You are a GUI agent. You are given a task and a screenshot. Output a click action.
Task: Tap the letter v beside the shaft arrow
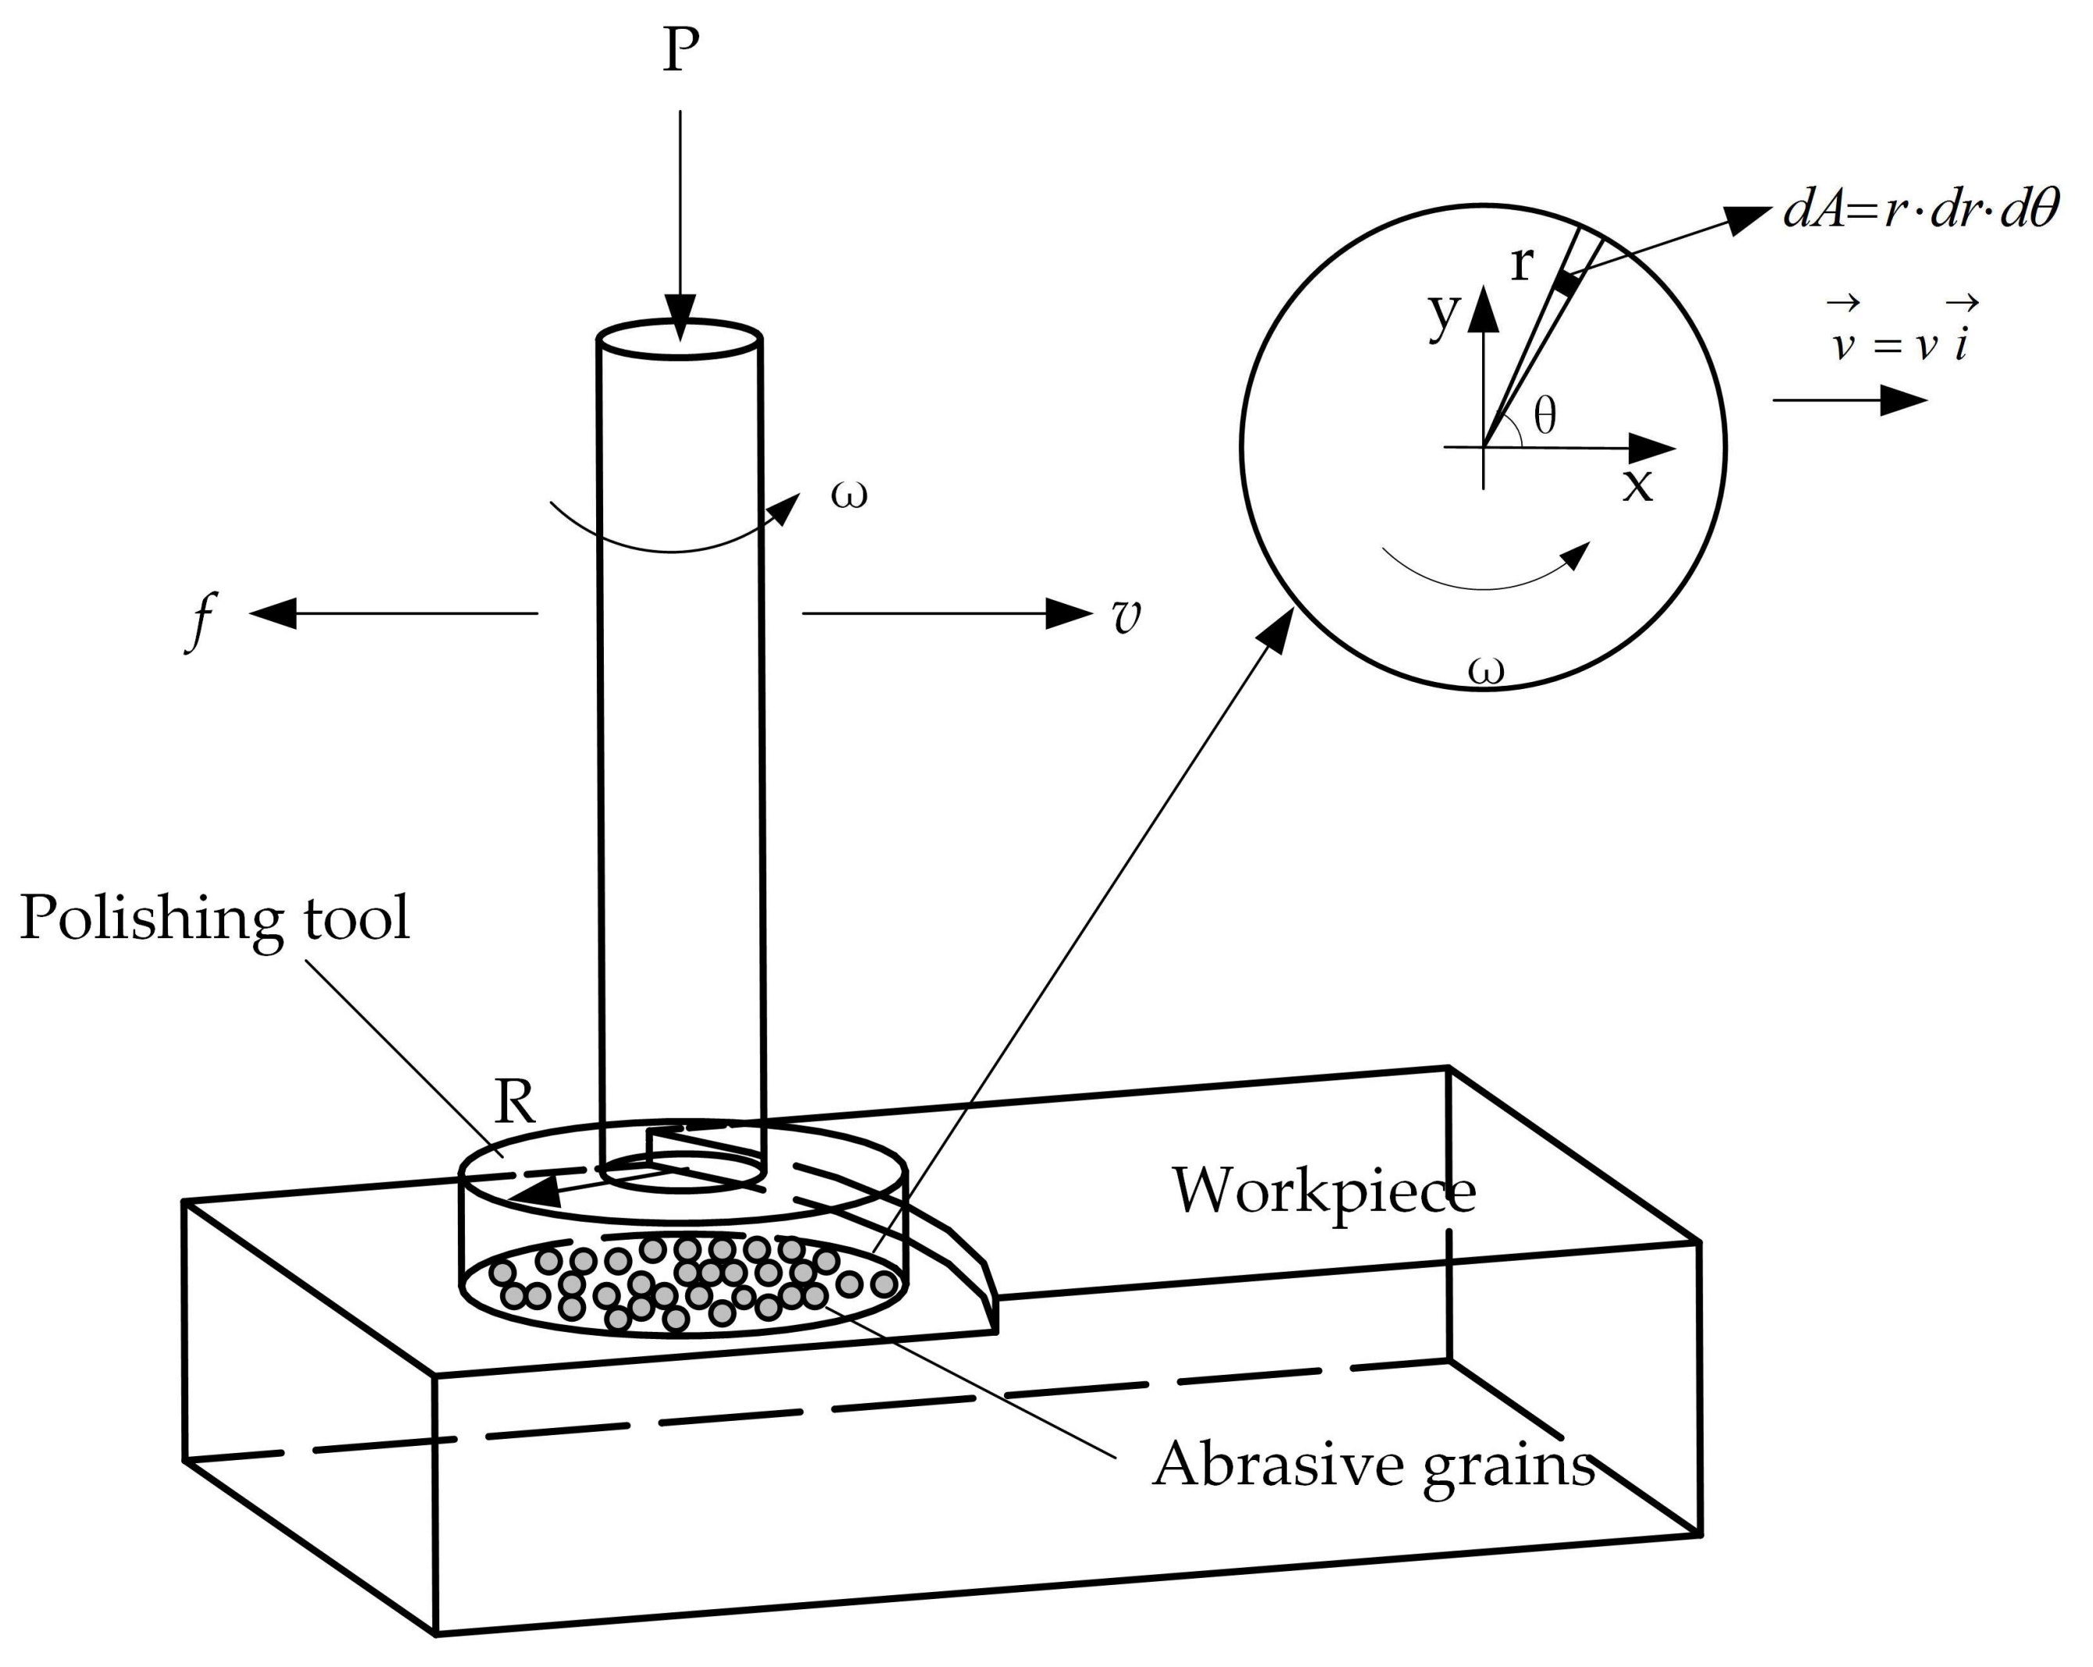1125,616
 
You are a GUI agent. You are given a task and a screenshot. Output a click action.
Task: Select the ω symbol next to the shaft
848,494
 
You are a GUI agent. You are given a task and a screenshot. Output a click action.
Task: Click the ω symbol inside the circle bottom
1485,671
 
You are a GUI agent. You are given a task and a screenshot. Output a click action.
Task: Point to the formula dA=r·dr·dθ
1920,209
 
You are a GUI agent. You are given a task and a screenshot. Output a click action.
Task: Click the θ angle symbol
1545,416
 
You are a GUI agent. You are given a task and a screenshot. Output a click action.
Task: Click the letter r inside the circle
1522,262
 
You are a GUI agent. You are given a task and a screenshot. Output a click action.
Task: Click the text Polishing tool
215,918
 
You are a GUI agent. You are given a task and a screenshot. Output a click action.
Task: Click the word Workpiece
1323,1190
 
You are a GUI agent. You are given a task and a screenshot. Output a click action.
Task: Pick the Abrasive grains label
1373,1463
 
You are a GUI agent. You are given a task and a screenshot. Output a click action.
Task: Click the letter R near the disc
515,1102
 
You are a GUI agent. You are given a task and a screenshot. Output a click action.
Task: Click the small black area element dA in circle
1566,284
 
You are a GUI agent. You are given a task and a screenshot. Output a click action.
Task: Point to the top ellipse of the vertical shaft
680,340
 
